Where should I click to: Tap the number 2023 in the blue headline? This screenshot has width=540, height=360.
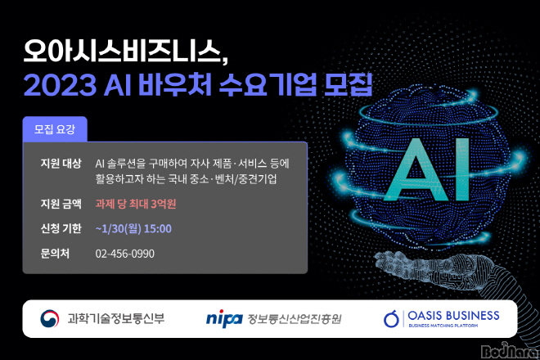(60, 84)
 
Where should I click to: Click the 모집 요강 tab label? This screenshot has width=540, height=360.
(55, 129)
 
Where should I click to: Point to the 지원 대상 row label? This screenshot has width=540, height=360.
(61, 163)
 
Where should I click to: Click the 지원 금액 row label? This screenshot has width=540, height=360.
(61, 204)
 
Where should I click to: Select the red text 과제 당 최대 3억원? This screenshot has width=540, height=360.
(136, 204)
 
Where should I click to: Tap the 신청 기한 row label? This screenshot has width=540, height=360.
(61, 228)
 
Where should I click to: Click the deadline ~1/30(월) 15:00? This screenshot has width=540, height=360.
(133, 229)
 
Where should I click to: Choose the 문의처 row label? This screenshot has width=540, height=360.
(55, 254)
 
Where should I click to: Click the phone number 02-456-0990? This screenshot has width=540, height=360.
(124, 254)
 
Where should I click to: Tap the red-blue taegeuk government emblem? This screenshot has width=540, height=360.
(50, 318)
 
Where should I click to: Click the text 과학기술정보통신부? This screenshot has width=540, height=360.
(116, 318)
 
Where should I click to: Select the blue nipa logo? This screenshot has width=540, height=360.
(224, 318)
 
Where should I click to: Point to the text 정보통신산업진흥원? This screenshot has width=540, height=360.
(295, 318)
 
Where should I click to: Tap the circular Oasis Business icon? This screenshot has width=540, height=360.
(391, 318)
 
